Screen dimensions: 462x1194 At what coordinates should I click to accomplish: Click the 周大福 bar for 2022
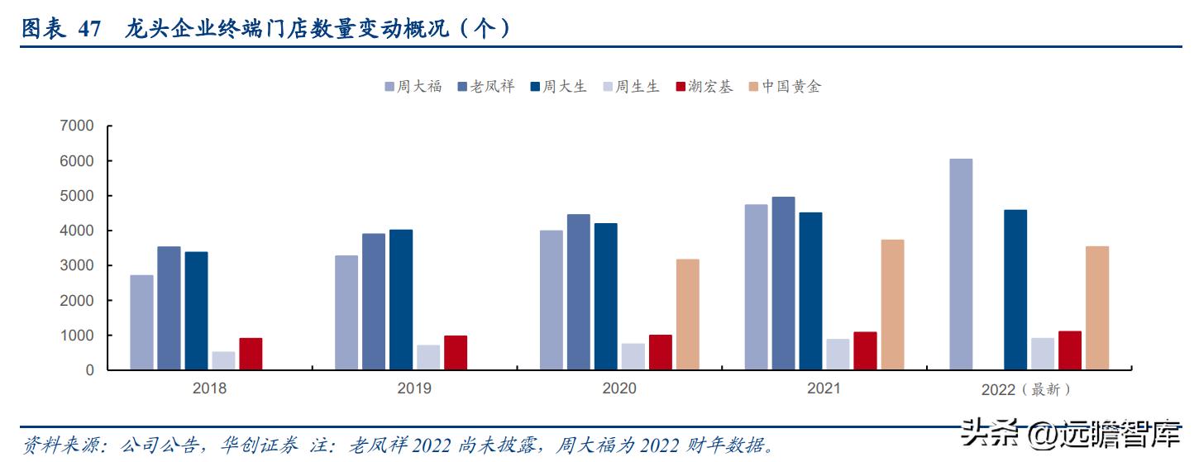[961, 264]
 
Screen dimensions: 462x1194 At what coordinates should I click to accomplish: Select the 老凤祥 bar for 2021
[783, 283]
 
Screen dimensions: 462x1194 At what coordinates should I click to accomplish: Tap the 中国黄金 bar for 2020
[687, 315]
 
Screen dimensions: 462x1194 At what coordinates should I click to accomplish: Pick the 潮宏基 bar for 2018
[251, 354]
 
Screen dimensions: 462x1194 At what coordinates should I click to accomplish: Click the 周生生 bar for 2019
[428, 357]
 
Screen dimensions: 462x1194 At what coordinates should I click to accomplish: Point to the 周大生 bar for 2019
[401, 300]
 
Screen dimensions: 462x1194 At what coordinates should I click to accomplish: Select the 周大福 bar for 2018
[141, 322]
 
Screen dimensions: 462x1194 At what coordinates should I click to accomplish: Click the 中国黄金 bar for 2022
[1097, 307]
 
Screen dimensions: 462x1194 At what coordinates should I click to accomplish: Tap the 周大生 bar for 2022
[1015, 290]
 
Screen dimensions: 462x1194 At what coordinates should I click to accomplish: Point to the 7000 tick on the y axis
[77, 126]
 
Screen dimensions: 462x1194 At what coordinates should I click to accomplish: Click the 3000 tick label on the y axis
[77, 265]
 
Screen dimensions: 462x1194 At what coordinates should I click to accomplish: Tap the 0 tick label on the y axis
[89, 370]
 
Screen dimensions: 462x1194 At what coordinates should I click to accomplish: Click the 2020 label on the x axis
[618, 388]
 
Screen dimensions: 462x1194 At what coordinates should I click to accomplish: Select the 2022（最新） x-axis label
[1026, 388]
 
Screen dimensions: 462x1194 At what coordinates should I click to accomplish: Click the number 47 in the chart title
[89, 30]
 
